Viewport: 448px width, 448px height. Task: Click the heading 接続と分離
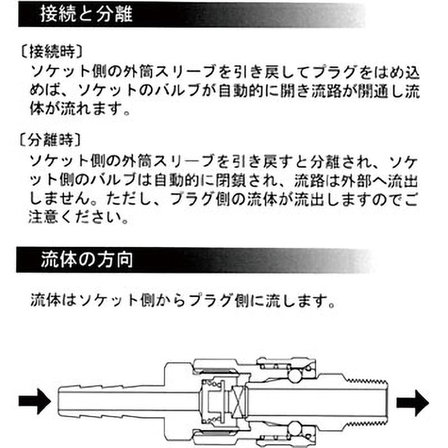(x=86, y=13)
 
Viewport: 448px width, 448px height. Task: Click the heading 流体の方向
(x=87, y=259)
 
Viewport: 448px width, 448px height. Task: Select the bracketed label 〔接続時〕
(x=52, y=52)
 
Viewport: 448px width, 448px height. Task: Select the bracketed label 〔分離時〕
(x=50, y=140)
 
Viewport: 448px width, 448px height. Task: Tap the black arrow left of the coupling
(x=35, y=401)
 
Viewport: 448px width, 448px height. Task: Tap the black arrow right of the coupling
(x=413, y=403)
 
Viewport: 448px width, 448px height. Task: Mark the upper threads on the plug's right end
(x=367, y=381)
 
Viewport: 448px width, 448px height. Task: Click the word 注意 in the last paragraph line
(x=44, y=217)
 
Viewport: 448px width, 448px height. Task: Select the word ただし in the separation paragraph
(x=129, y=199)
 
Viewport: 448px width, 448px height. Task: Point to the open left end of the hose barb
(x=59, y=402)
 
